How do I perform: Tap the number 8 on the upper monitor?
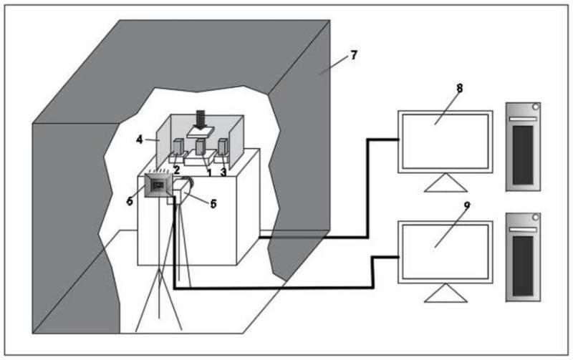click(x=460, y=87)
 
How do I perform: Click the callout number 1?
click(x=208, y=172)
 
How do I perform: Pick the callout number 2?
click(x=176, y=169)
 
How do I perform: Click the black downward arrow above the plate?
click(x=199, y=118)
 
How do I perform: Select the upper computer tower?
click(x=523, y=146)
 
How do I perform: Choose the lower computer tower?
click(x=523, y=256)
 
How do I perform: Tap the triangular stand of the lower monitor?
click(x=445, y=293)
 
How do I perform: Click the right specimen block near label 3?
click(x=223, y=149)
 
